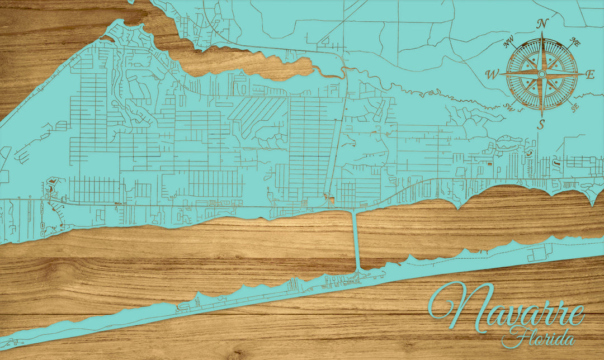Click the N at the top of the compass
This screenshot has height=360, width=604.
tap(541, 23)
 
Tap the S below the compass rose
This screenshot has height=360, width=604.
tap(541, 125)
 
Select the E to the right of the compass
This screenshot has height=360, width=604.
tap(590, 75)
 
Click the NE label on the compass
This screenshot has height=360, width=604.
tap(574, 41)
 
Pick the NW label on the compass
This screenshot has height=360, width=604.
tap(508, 41)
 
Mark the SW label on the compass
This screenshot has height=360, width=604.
tap(508, 107)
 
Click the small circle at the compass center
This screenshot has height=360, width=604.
tap(541, 74)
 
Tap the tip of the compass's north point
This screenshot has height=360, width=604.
tap(541, 32)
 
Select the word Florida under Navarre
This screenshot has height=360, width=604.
tap(539, 338)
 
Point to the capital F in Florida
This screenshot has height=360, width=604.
tap(510, 337)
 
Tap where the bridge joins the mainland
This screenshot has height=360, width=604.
tap(353, 211)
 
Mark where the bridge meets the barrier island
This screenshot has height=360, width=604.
tap(357, 270)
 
